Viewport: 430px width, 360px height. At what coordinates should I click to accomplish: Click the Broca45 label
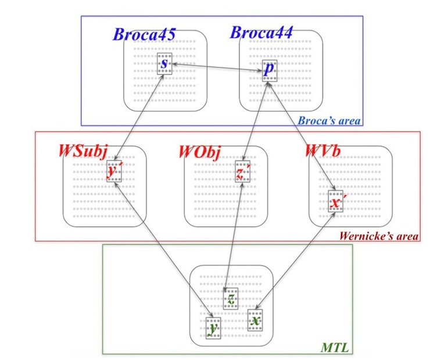(x=144, y=33)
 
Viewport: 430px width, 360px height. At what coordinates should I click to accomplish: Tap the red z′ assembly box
(x=243, y=173)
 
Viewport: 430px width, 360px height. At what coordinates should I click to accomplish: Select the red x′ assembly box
(x=335, y=201)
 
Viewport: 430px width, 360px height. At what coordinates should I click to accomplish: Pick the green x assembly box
(x=255, y=320)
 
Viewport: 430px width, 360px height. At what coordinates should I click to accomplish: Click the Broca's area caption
(x=329, y=121)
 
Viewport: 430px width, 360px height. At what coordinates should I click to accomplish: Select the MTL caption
(x=334, y=348)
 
